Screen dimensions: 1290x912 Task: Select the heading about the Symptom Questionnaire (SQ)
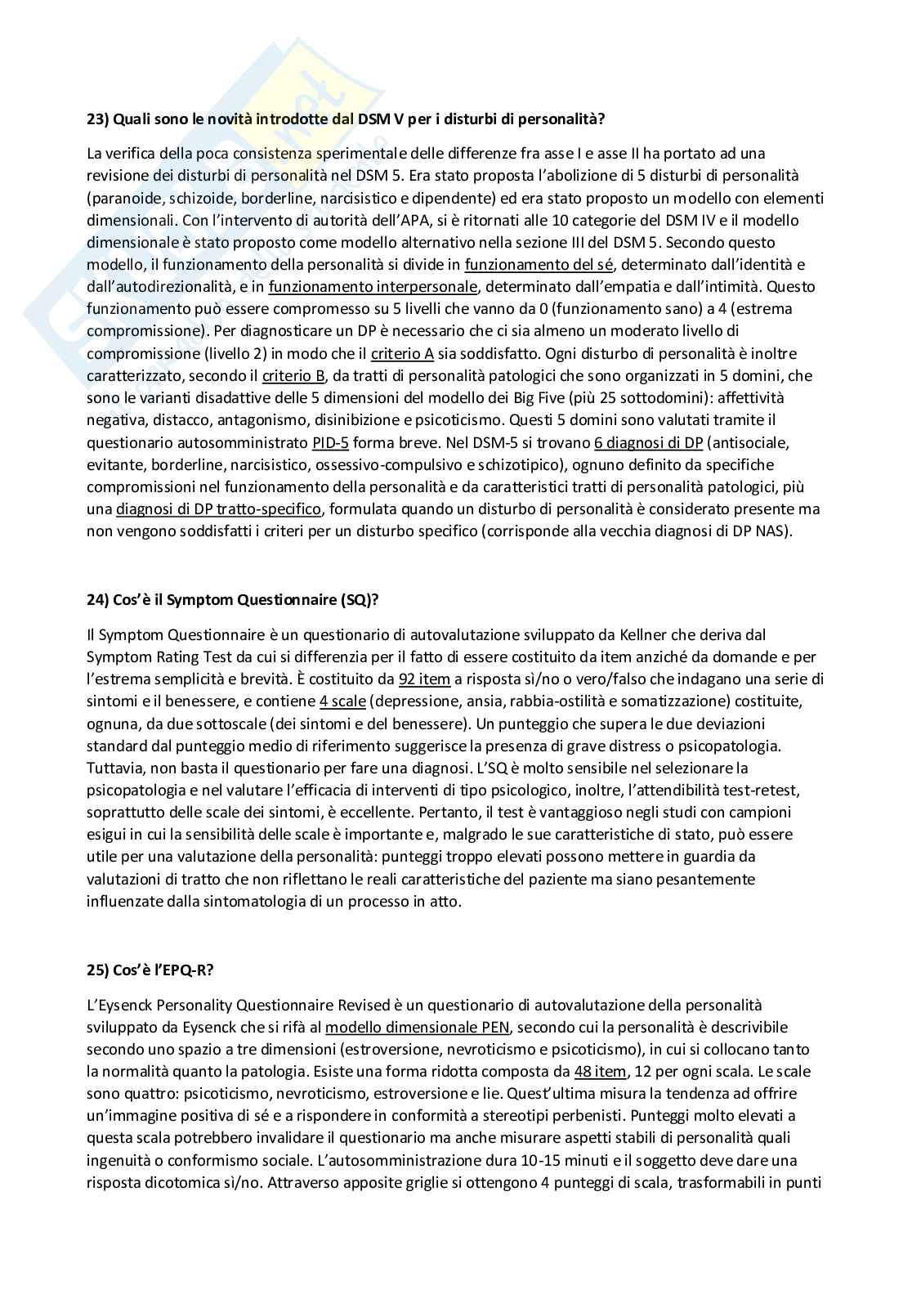click(232, 599)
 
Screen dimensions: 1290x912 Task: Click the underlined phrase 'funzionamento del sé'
click(528, 264)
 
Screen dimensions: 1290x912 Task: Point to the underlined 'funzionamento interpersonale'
click(373, 287)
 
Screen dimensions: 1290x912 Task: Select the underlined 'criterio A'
click(402, 354)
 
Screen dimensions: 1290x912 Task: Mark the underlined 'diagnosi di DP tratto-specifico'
click(218, 509)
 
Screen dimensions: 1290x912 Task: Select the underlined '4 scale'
click(342, 701)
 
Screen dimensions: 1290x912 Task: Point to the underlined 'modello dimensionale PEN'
click(418, 1027)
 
